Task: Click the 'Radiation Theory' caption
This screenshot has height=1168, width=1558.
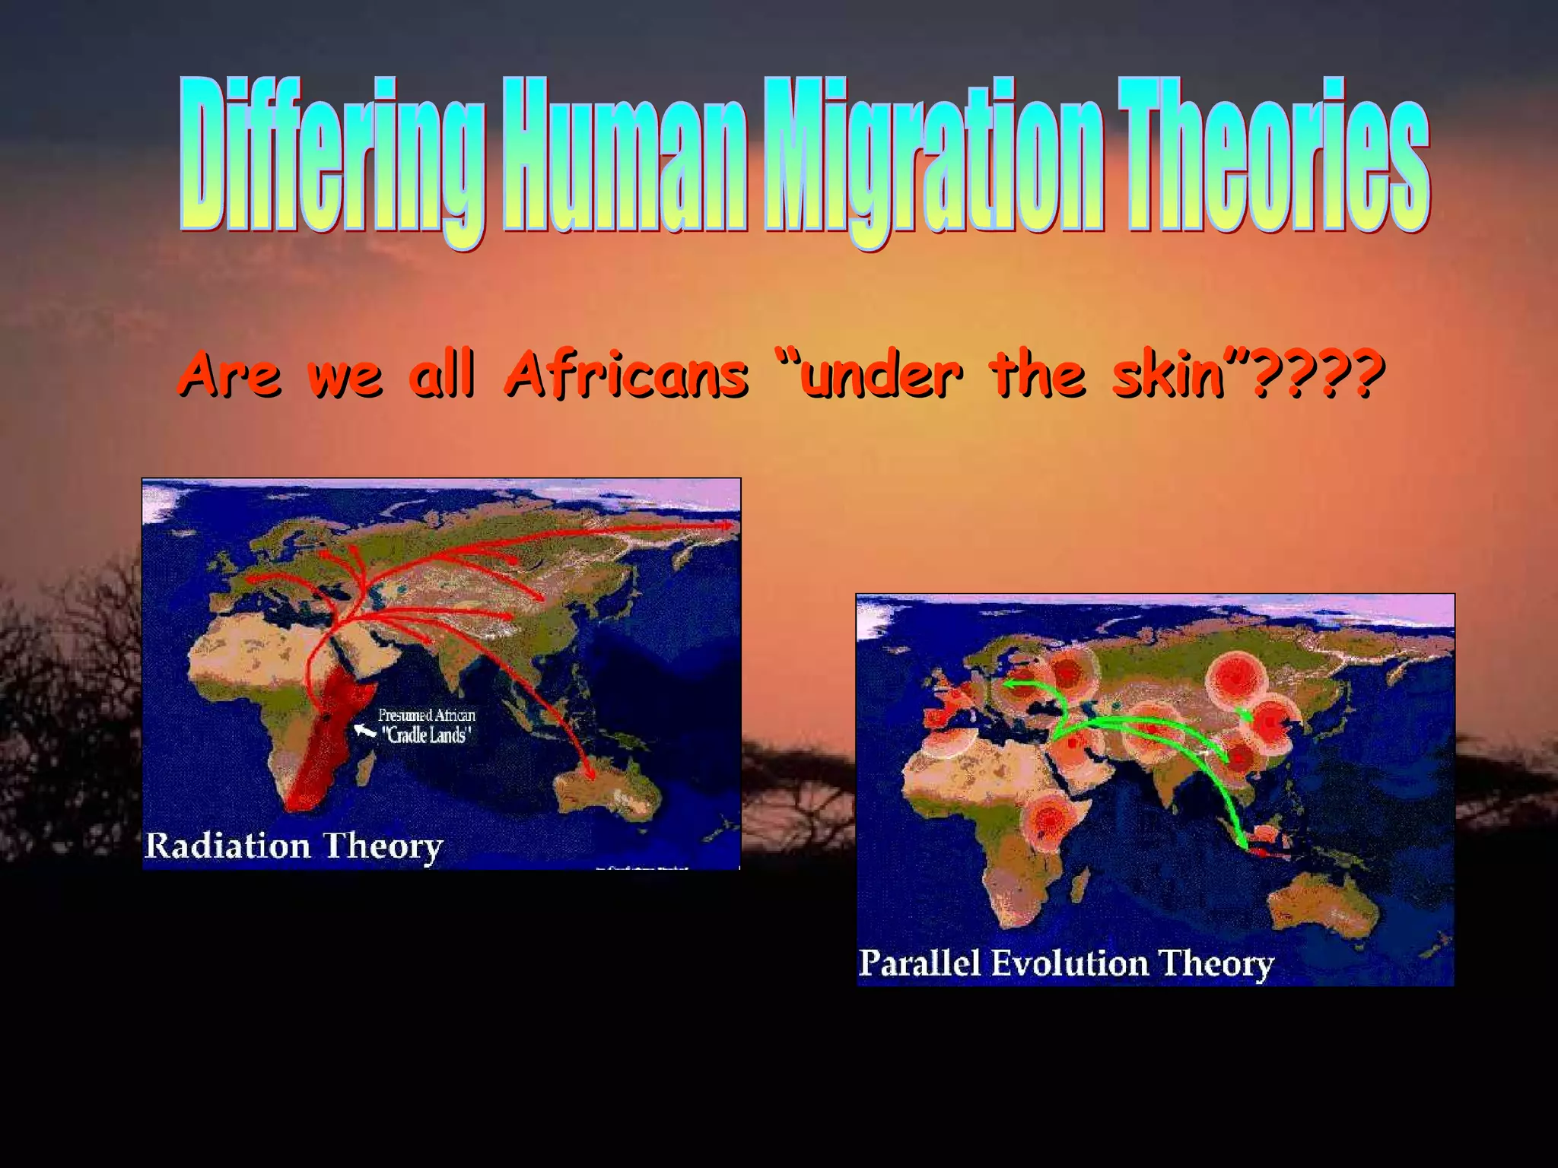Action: click(x=294, y=846)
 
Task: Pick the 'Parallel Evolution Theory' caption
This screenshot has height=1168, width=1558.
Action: click(x=1065, y=963)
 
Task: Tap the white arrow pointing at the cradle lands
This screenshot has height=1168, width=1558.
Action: click(x=365, y=731)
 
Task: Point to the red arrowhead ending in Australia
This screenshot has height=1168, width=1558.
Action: click(x=589, y=775)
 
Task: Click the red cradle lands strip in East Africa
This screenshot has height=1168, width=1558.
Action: click(x=327, y=730)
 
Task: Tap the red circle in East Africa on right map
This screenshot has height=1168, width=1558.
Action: click(x=1050, y=820)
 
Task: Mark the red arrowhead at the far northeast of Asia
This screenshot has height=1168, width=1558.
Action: click(x=728, y=525)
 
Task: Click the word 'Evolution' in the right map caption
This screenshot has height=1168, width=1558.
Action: click(x=1070, y=963)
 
